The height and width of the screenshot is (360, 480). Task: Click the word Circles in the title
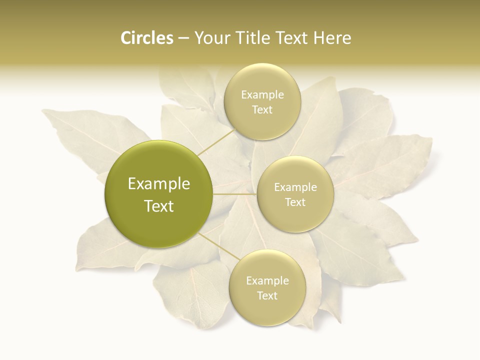point(146,38)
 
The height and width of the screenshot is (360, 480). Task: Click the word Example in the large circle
point(159,184)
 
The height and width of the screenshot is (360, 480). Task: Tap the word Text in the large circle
point(159,206)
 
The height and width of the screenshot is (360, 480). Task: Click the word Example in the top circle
point(262,95)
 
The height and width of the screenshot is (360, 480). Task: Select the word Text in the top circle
point(262,110)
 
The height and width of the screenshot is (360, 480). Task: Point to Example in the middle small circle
point(295,187)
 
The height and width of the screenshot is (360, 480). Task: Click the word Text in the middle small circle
point(295,202)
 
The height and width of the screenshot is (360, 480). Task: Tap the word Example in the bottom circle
point(267,281)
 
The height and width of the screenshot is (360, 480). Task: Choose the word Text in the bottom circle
point(267,296)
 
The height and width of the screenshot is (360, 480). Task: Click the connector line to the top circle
point(216,142)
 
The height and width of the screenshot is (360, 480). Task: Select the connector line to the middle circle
point(235,194)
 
